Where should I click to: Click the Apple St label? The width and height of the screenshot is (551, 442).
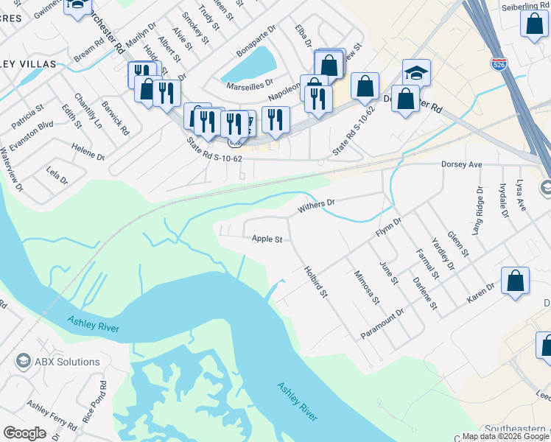267,239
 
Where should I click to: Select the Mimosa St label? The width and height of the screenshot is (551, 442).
366,287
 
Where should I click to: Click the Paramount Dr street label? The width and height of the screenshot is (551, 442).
383,324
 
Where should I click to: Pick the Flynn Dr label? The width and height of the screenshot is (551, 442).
388,226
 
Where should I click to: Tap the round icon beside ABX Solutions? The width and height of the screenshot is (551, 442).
23,362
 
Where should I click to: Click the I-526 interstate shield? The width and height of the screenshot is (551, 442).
498,65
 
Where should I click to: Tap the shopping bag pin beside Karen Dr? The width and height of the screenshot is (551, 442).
515,281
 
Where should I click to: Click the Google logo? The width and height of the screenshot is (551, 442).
24,432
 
